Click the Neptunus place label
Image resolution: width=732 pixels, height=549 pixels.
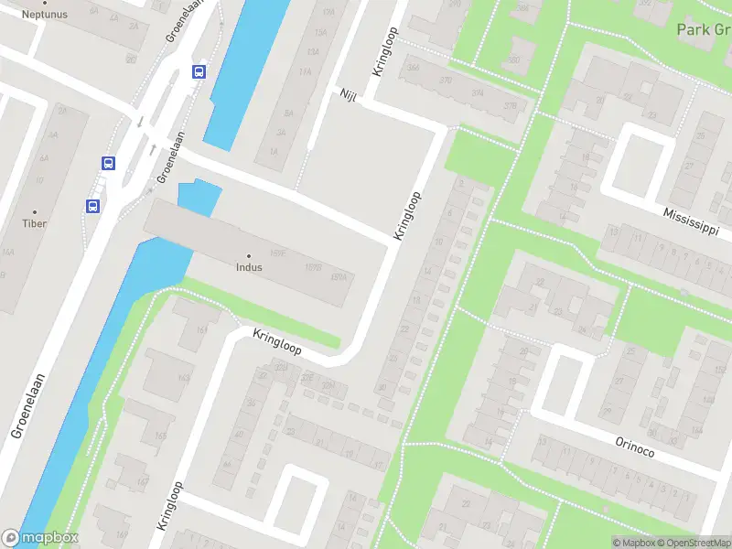pos(45,15)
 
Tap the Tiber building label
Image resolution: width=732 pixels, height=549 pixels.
pos(35,223)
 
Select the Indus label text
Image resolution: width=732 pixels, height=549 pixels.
pos(248,268)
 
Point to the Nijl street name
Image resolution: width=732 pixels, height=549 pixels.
pos(348,95)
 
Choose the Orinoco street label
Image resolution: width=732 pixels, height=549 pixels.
pos(635,446)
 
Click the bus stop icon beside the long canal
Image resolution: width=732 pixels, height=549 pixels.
pos(199,71)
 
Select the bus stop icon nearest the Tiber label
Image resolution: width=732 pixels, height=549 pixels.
pos(93,207)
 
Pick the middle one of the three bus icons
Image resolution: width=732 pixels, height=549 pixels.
pos(108,164)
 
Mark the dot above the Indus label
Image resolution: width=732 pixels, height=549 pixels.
pos(248,255)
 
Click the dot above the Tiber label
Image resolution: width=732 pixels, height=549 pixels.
pos(35,211)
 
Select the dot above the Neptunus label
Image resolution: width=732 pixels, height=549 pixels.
pos(45,3)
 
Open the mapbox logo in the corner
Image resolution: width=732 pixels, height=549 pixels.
pos(40,538)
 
